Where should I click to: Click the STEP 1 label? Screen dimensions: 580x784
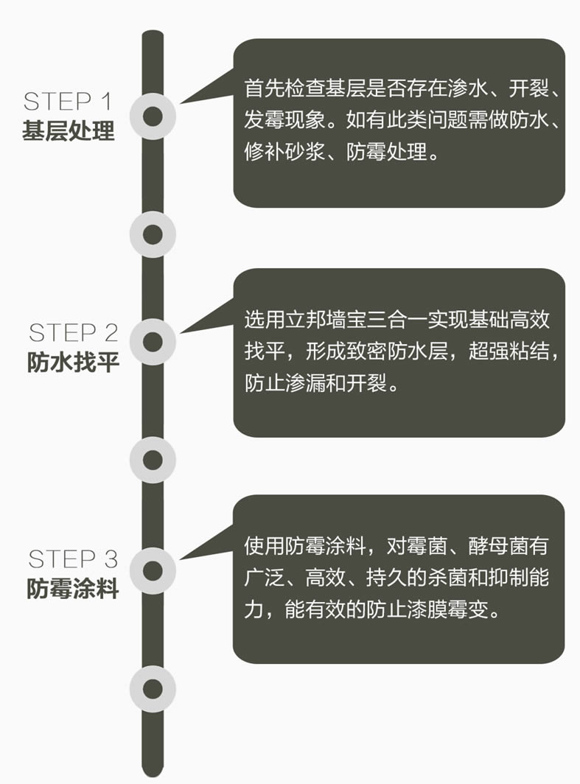coord(68,102)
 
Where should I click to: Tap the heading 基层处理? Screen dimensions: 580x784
coord(69,130)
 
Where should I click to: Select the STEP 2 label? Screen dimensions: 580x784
coord(74,332)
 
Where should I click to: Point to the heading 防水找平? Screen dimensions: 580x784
coord(74,362)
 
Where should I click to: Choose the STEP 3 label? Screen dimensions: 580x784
coord(74,559)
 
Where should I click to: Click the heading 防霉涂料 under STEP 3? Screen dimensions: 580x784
coord(73,588)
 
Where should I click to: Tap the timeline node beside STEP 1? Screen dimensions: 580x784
coord(153,116)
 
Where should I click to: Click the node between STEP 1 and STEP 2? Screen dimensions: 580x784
coord(153,234)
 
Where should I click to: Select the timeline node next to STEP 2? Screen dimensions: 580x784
coord(153,342)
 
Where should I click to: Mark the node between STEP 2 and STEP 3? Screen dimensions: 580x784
coord(153,460)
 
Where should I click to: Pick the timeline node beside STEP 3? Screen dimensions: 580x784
coord(153,570)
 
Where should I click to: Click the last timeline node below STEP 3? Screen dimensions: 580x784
coord(153,688)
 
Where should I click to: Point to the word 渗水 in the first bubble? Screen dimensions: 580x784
coord(467,88)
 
